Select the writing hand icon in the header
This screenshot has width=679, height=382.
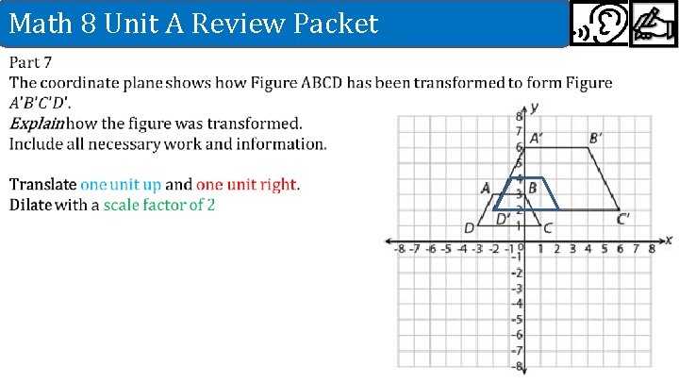pyautogui.click(x=653, y=26)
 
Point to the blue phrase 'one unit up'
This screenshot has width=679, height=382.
pyautogui.click(x=121, y=185)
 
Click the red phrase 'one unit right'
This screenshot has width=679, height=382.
pyautogui.click(x=246, y=185)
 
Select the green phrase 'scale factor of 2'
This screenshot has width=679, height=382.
pyautogui.click(x=159, y=205)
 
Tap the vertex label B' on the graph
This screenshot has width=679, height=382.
pyautogui.click(x=596, y=138)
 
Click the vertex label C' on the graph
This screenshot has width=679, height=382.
pyautogui.click(x=623, y=219)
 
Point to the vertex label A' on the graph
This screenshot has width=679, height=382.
pyautogui.click(x=535, y=138)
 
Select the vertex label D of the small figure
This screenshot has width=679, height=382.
pyautogui.click(x=469, y=227)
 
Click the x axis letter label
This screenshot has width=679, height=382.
pyautogui.click(x=668, y=240)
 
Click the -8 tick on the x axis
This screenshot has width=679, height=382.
pyautogui.click(x=399, y=249)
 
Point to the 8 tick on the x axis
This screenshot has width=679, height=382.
pyautogui.click(x=651, y=249)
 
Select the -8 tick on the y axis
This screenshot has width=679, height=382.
pyautogui.click(x=516, y=366)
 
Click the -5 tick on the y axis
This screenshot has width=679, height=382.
pyautogui.click(x=516, y=319)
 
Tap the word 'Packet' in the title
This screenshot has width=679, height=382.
pyautogui.click(x=334, y=23)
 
